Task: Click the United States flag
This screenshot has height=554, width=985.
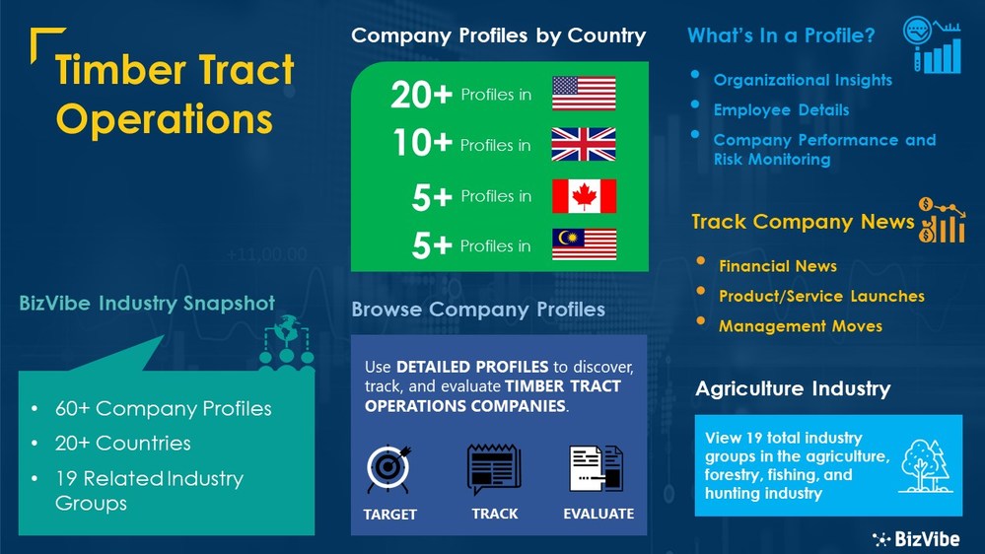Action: point(584,94)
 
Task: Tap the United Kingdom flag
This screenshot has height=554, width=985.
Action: point(584,145)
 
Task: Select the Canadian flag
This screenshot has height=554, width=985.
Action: point(584,196)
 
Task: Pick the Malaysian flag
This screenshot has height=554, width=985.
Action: point(584,244)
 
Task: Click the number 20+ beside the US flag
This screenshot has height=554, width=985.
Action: point(421,95)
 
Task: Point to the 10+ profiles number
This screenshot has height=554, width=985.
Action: point(422,145)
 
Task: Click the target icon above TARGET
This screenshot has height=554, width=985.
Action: point(388,470)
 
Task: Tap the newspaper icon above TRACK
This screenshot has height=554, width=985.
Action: point(494,469)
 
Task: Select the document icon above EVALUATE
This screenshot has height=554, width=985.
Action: point(597,469)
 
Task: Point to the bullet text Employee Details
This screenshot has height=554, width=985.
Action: point(781,109)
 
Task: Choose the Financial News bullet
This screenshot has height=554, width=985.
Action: point(777,266)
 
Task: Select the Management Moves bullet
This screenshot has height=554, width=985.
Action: point(800,325)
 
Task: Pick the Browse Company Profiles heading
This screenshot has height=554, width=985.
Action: point(478,310)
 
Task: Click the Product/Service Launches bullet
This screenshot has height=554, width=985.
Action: point(821,296)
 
